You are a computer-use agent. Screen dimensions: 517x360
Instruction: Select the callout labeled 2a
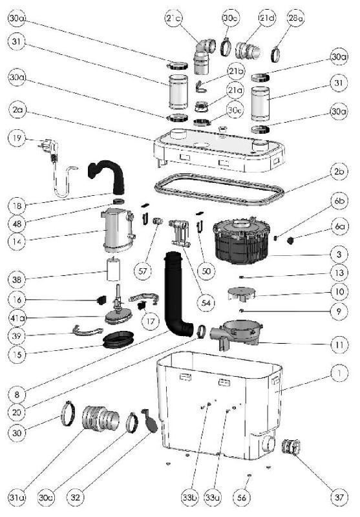[18, 112]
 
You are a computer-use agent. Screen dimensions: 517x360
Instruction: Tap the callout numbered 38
[18, 279]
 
